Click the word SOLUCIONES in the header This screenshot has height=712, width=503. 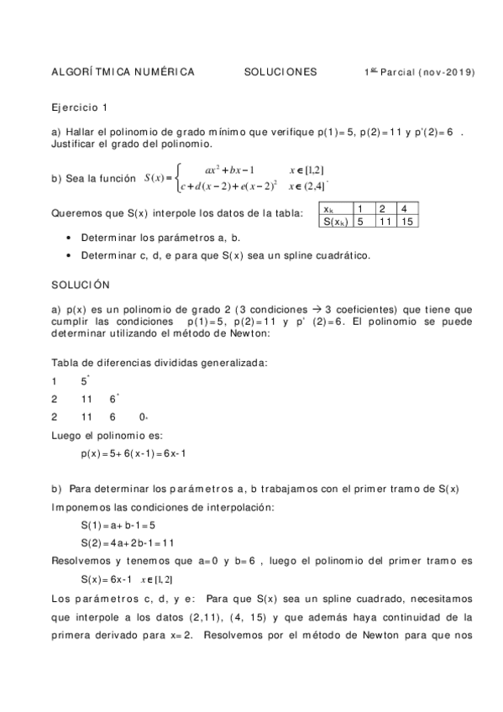280,72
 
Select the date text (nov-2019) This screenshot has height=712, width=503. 446,72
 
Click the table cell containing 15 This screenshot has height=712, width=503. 408,222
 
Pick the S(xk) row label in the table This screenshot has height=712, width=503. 334,222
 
